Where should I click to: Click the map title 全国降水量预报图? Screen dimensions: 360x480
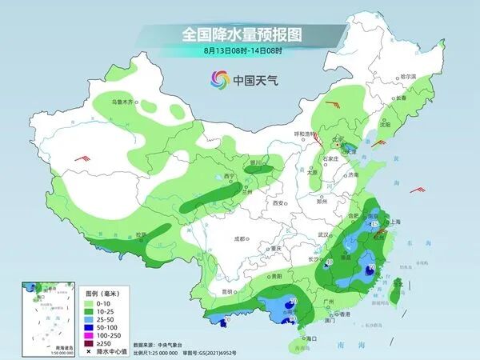tap(239, 34)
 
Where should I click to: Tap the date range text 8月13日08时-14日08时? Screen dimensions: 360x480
tap(239, 51)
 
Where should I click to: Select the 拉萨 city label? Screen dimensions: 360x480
tap(141, 234)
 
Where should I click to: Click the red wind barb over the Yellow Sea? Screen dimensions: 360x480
tap(417, 190)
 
